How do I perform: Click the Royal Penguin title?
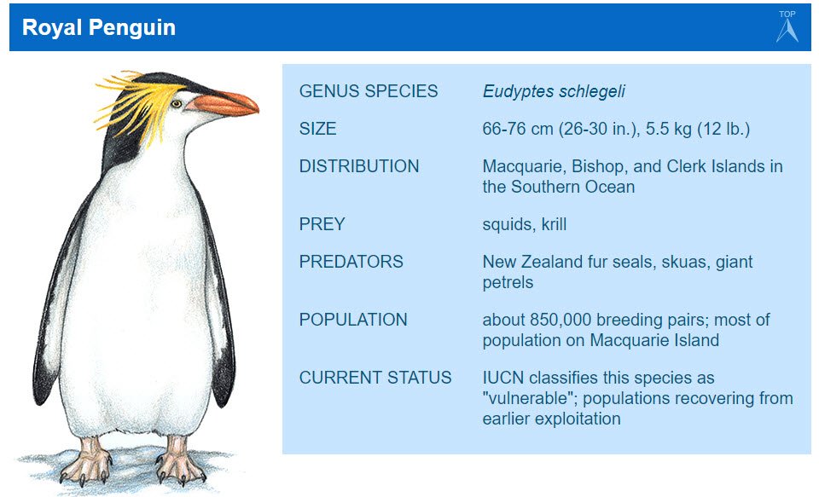point(99,27)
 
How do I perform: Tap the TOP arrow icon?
point(787,27)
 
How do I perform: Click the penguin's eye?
point(177,103)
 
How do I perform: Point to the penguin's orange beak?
point(226,104)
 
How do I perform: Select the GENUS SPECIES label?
point(369,91)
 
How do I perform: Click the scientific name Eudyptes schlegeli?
point(555,91)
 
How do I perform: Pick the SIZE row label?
point(317,129)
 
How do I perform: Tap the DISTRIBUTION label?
point(359,166)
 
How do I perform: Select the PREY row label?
point(322,224)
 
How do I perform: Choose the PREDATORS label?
point(351,262)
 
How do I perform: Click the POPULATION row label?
point(353,320)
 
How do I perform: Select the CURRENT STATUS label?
point(375,378)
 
